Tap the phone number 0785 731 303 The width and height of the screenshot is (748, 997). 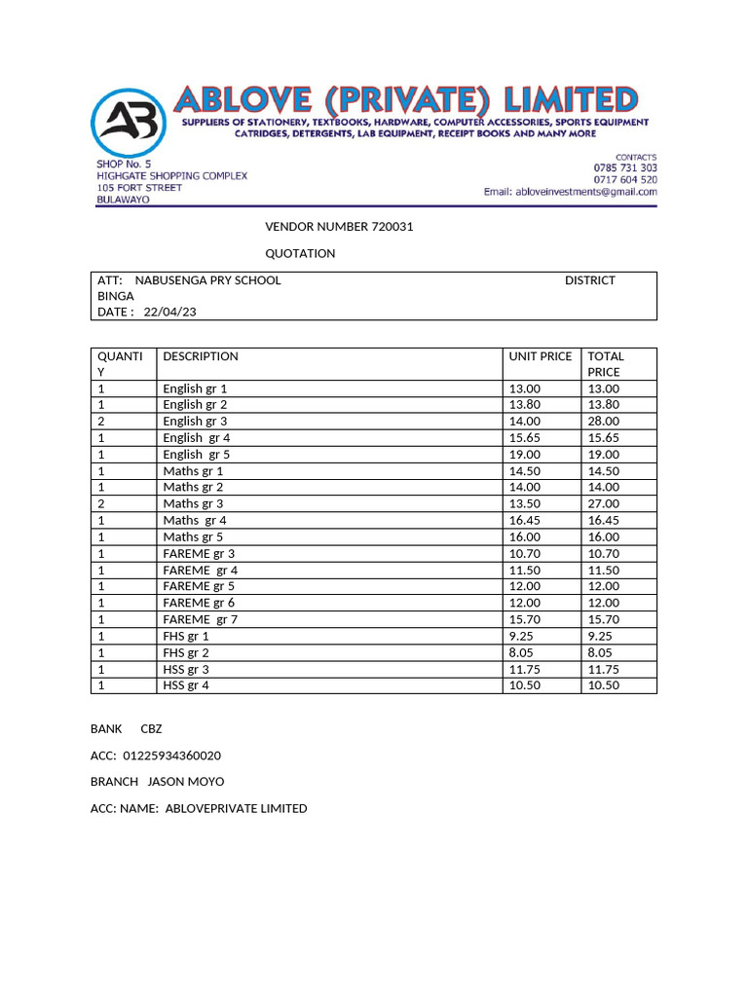tap(625, 167)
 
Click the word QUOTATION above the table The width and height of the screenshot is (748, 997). tap(300, 253)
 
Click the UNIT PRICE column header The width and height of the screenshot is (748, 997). tap(541, 356)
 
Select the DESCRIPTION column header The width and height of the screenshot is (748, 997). tap(201, 356)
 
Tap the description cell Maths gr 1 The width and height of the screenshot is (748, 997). tap(193, 471)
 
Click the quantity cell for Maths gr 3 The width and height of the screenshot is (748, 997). tap(100, 504)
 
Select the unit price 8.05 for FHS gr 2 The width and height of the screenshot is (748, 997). tap(522, 652)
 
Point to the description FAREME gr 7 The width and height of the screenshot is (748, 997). tap(201, 619)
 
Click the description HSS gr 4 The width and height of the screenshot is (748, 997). tap(186, 685)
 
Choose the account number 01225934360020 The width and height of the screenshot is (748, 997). tap(172, 756)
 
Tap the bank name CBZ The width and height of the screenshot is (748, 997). tap(151, 729)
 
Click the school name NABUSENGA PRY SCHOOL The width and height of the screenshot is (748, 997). tap(207, 280)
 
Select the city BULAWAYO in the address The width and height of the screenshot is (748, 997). tap(123, 200)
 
